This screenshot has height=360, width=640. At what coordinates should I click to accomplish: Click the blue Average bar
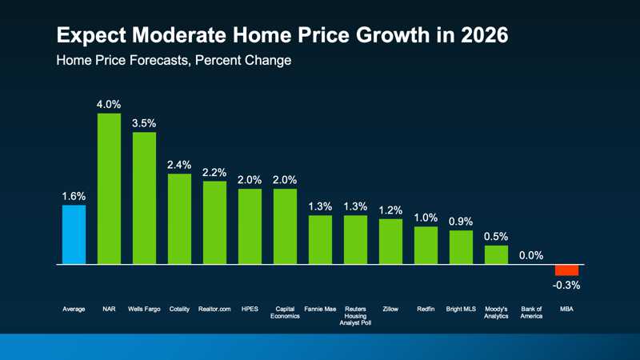pyautogui.click(x=74, y=234)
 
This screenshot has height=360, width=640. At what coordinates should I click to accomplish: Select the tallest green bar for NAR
pyautogui.click(x=109, y=189)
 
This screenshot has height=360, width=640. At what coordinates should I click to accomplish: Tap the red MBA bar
pyautogui.click(x=566, y=270)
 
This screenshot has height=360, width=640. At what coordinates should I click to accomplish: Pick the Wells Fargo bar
pyautogui.click(x=144, y=198)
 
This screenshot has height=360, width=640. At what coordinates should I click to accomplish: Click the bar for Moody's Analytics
pyautogui.click(x=496, y=254)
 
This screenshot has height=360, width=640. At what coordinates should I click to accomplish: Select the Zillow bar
pyautogui.click(x=390, y=241)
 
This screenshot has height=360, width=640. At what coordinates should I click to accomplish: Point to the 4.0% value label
pyautogui.click(x=109, y=104)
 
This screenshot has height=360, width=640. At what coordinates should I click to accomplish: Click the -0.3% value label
pyautogui.click(x=566, y=286)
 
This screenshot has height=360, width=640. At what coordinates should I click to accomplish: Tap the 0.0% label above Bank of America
pyautogui.click(x=531, y=256)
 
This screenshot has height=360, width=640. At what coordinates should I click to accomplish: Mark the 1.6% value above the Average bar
pyautogui.click(x=74, y=196)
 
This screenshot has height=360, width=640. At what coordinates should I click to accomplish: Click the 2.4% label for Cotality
pyautogui.click(x=179, y=164)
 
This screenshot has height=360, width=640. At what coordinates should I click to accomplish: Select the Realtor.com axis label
pyautogui.click(x=214, y=307)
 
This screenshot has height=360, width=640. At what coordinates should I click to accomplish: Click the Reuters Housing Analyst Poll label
pyautogui.click(x=355, y=314)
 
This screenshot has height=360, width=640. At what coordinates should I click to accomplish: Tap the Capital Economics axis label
pyautogui.click(x=285, y=311)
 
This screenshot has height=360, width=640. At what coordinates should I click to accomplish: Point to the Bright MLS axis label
pyautogui.click(x=461, y=307)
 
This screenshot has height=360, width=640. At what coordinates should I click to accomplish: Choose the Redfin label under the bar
pyautogui.click(x=426, y=307)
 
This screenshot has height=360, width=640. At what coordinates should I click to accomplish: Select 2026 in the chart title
pyautogui.click(x=477, y=36)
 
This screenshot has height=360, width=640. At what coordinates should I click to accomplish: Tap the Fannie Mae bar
pyautogui.click(x=320, y=239)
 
